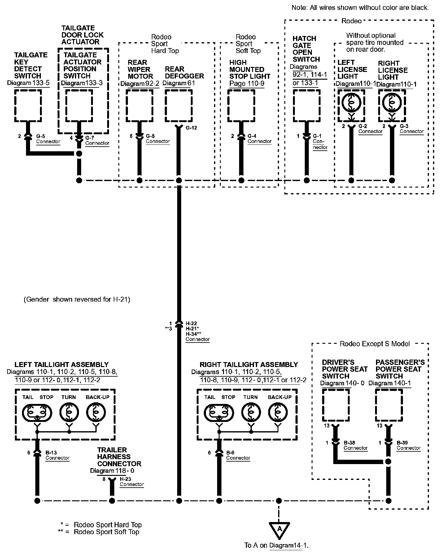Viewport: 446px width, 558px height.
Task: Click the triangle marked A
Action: click(x=279, y=530)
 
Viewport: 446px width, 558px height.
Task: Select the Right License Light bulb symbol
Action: click(x=392, y=102)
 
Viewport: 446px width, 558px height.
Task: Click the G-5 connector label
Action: click(x=48, y=139)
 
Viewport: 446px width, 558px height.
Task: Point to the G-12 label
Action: click(x=191, y=128)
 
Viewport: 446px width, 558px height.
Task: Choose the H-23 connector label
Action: click(x=132, y=481)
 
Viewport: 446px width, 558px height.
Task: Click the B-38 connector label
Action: click(x=356, y=445)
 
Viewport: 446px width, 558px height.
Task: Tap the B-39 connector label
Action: click(x=409, y=445)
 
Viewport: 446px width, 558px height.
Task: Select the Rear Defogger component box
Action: click(x=178, y=106)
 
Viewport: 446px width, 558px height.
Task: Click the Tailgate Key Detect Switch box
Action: click(x=28, y=106)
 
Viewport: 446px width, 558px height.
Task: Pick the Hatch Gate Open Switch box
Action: click(x=307, y=106)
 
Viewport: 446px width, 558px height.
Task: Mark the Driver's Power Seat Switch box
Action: click(x=336, y=405)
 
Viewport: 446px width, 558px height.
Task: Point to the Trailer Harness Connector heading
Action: click(x=119, y=457)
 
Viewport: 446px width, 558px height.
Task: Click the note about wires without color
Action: click(x=360, y=8)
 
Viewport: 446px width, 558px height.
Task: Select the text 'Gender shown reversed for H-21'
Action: click(x=77, y=299)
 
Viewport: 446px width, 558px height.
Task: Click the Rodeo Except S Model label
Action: click(x=375, y=344)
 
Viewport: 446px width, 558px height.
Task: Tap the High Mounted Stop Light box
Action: click(x=241, y=106)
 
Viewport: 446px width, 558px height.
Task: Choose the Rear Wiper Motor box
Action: click(x=140, y=106)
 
